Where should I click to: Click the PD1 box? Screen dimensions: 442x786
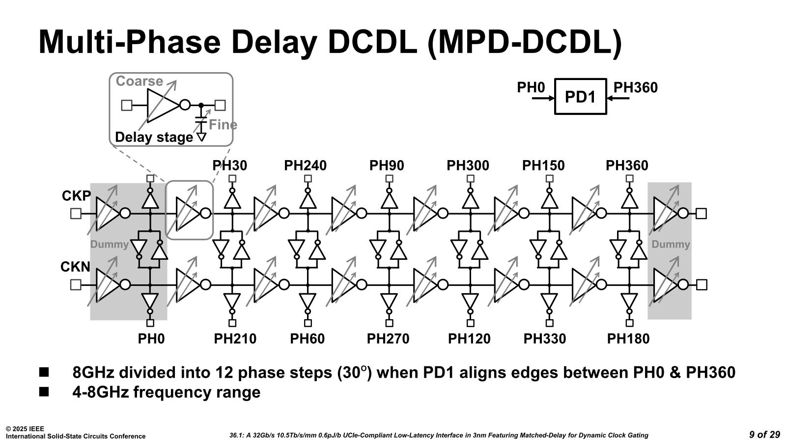(580, 97)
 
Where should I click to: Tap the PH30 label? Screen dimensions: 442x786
(229, 166)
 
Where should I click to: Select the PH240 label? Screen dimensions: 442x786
(305, 166)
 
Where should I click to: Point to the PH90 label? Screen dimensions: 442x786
(387, 166)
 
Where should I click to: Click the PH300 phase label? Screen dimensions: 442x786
(468, 166)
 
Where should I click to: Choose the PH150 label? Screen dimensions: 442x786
(543, 166)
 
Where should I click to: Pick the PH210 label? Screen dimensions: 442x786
(235, 338)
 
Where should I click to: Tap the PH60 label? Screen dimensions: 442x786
(307, 338)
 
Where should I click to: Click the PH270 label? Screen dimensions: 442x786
(388, 338)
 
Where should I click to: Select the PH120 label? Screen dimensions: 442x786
(469, 338)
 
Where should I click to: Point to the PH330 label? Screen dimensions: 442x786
(544, 338)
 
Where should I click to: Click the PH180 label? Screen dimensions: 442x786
(628, 338)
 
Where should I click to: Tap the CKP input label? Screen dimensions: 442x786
(76, 196)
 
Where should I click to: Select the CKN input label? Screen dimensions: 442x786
(75, 267)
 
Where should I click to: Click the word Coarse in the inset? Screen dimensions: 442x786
(139, 81)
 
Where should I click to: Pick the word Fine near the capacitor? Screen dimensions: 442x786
(223, 125)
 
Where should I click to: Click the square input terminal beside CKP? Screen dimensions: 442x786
(76, 214)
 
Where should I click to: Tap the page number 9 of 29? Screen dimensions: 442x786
(764, 435)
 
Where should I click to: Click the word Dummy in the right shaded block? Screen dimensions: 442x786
(671, 244)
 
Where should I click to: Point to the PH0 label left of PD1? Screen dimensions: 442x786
(531, 87)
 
